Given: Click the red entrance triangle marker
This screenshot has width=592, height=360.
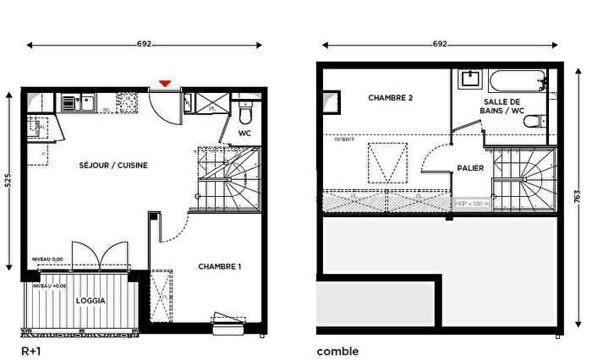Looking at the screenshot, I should (x=166, y=83).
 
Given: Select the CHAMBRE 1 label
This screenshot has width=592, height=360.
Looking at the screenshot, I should (x=220, y=267).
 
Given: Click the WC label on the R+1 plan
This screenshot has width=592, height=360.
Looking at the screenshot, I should (x=244, y=134).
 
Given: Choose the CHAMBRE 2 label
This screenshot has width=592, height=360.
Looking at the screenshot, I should (x=391, y=98).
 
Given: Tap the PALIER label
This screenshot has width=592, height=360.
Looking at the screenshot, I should (x=470, y=168).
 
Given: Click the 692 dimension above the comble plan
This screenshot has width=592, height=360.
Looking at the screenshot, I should (x=440, y=44).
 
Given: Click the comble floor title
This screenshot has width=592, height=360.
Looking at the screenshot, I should (x=337, y=351).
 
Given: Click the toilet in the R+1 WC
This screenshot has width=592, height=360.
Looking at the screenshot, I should (x=245, y=114).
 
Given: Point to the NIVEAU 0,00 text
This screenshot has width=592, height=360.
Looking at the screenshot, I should (x=47, y=259).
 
